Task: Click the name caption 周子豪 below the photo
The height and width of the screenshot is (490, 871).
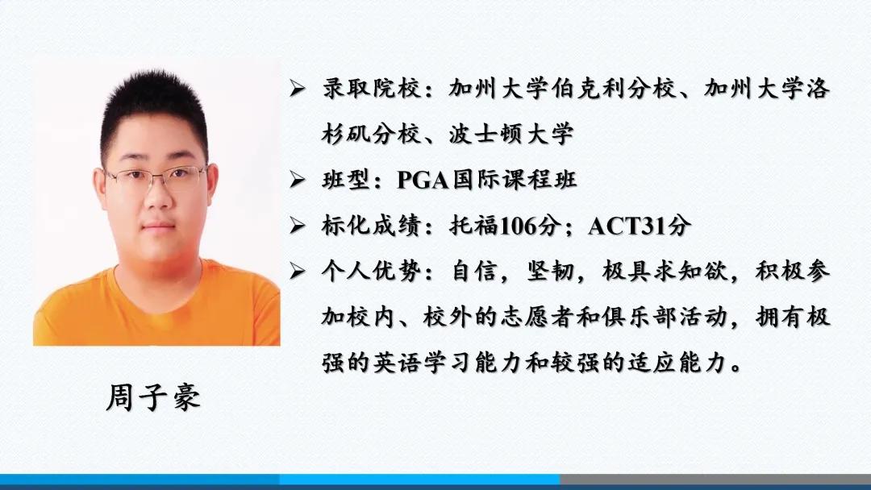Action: (x=153, y=398)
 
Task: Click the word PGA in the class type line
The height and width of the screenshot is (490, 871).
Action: (x=424, y=180)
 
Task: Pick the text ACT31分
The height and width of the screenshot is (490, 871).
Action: (x=639, y=226)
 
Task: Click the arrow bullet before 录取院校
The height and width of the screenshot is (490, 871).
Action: (x=297, y=89)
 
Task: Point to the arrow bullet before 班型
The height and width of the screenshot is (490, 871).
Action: (x=297, y=181)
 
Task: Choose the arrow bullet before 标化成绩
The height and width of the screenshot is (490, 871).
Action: (x=297, y=227)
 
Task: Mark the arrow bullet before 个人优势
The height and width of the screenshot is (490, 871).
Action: (x=297, y=273)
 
